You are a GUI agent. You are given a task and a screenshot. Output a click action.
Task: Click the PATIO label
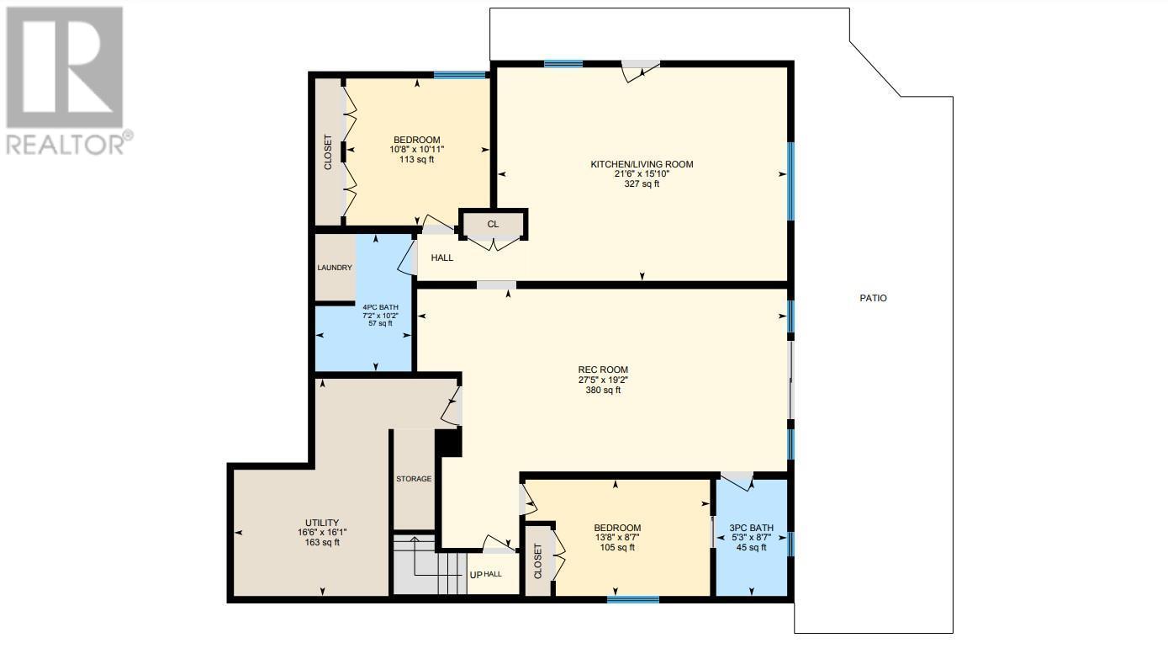click(873, 298)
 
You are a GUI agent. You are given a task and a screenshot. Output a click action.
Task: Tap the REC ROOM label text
click(603, 370)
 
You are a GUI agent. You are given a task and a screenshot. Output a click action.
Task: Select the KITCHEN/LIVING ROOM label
click(642, 164)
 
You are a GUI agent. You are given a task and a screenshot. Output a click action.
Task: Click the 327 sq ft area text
click(642, 184)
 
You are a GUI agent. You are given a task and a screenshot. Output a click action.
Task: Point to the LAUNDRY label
click(335, 268)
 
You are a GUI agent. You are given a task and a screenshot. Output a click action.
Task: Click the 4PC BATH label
click(381, 307)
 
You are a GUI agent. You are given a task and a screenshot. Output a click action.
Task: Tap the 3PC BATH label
click(752, 528)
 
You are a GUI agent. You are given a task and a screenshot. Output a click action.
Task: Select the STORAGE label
click(414, 479)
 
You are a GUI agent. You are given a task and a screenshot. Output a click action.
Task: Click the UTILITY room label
click(322, 523)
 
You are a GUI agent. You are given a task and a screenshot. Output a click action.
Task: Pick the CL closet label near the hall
click(493, 225)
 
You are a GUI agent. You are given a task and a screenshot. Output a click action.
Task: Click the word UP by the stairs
click(476, 575)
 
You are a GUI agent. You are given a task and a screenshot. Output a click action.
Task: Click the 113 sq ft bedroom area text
click(416, 160)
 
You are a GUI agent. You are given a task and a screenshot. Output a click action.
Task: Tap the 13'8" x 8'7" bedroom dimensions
click(617, 538)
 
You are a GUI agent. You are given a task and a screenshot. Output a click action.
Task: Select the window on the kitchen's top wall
click(563, 64)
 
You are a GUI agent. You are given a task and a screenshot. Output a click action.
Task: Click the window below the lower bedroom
click(633, 599)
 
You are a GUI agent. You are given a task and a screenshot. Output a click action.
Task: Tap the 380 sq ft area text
click(603, 390)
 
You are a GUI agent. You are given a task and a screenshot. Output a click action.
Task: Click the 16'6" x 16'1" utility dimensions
click(322, 533)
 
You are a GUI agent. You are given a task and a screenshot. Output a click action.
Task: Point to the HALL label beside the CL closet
click(442, 258)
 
